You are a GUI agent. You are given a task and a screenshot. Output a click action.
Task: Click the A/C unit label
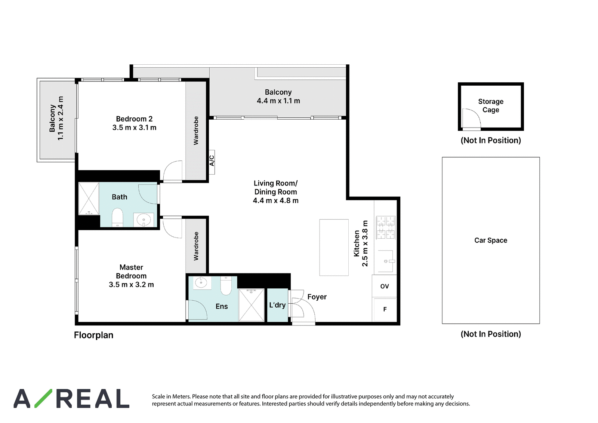tap(212, 160)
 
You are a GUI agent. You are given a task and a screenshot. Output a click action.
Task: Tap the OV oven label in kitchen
tap(385, 286)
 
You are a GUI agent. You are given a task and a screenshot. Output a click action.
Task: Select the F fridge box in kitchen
tap(385, 309)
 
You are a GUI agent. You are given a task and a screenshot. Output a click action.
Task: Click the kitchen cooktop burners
tap(386, 227)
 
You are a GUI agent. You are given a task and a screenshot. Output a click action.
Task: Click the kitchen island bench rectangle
tap(334, 248)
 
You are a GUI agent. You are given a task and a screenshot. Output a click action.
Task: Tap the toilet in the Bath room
tap(117, 217)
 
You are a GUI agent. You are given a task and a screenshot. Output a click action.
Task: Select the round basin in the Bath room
tap(144, 220)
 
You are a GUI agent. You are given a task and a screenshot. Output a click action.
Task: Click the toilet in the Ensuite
tap(226, 286)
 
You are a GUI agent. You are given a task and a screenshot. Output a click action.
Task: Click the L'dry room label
tap(277, 305)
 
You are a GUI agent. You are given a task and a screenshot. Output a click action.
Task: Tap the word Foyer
tap(317, 297)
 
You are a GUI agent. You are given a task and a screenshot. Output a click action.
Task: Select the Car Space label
tap(491, 240)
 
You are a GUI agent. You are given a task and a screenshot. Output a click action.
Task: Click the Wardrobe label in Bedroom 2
tap(196, 131)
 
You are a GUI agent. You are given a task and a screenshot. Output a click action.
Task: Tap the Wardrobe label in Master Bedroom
tap(196, 246)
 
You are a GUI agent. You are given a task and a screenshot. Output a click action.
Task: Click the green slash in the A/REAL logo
tap(43, 398)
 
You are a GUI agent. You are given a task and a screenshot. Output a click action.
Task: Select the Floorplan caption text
tap(93, 335)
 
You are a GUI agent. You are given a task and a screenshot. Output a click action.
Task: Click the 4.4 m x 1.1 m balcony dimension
tap(278, 101)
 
